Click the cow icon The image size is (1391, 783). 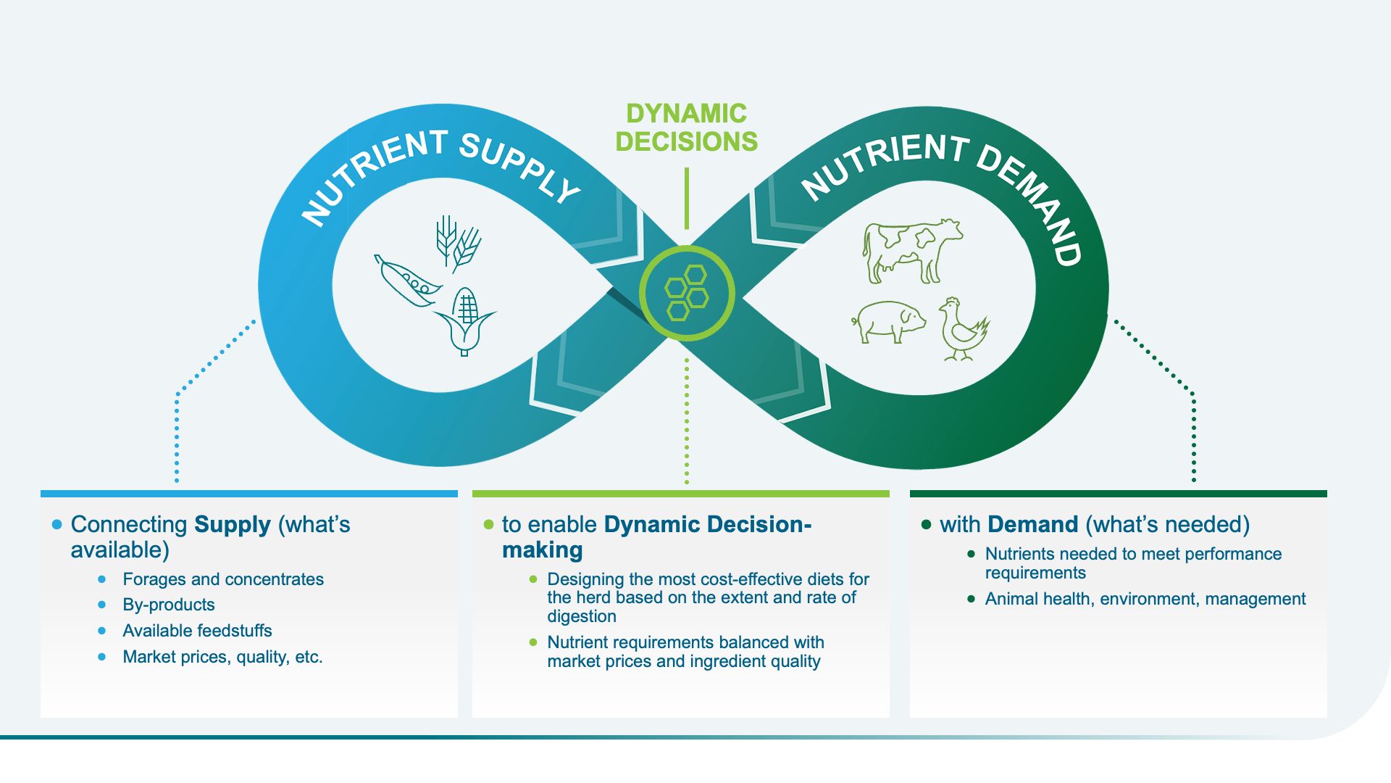(911, 251)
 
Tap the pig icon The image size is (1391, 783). (888, 321)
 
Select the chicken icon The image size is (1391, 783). (962, 329)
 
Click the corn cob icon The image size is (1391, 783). (465, 320)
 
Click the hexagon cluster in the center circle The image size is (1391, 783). (686, 293)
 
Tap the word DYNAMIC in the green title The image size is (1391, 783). (686, 114)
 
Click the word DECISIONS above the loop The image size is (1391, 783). (686, 141)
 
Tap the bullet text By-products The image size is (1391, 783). (169, 605)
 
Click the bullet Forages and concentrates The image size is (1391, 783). (223, 579)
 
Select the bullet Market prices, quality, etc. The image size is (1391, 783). (222, 657)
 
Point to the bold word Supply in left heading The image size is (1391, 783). (233, 524)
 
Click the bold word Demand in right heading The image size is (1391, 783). (1032, 524)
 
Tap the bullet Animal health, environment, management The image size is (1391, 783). (1145, 599)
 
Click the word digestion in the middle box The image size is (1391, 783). (582, 616)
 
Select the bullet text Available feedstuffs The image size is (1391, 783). (197, 631)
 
